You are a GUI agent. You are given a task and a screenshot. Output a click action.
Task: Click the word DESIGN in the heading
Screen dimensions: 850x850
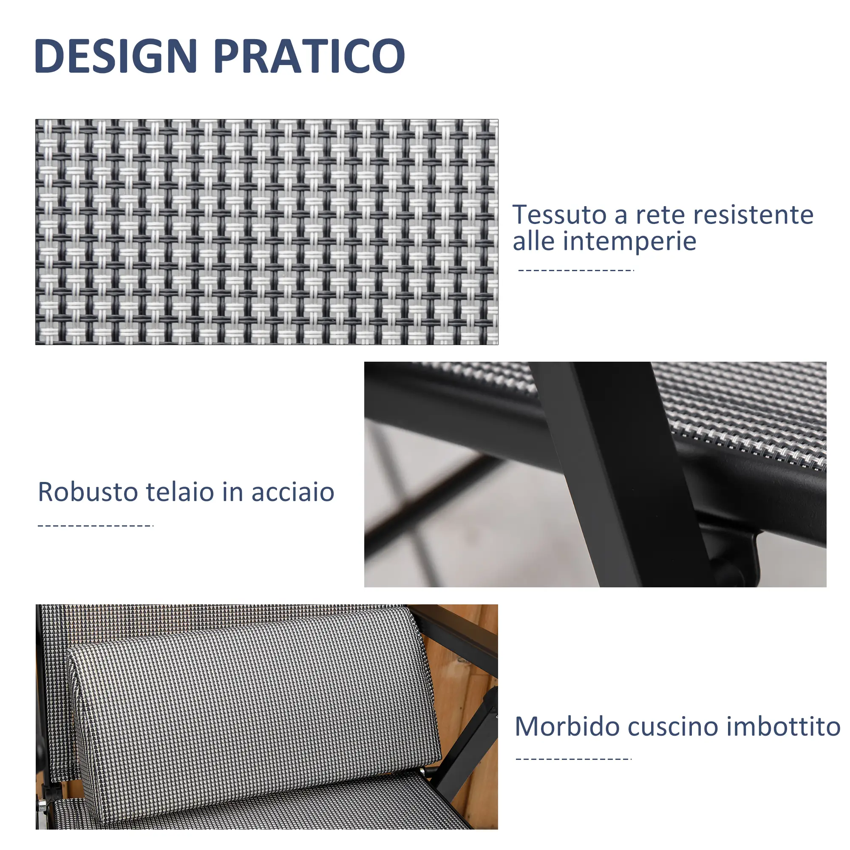116,55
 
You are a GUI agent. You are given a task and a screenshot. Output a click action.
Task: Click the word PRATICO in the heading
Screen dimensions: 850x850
309,55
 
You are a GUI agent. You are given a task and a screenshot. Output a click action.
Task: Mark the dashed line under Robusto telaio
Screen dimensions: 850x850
96,526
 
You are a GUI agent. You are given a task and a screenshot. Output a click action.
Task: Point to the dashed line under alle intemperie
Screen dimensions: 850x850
576,270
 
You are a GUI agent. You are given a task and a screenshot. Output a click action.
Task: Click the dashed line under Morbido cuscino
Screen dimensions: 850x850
574,759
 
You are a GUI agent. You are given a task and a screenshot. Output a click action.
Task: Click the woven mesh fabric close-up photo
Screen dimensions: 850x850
266,232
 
